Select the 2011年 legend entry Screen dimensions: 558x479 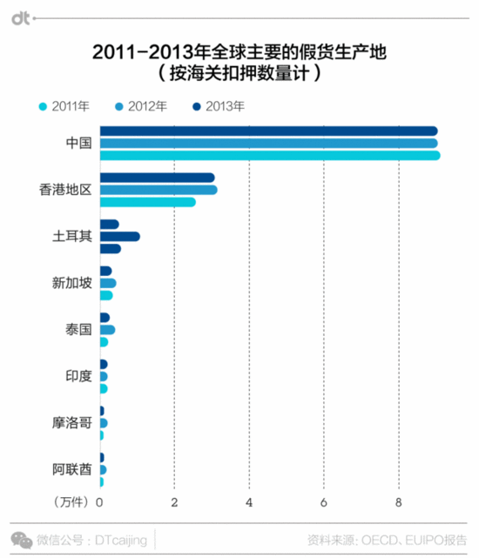coord(64,106)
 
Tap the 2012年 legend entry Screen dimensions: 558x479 coord(141,106)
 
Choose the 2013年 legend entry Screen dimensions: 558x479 coord(219,106)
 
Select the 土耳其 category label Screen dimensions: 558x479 coord(71,237)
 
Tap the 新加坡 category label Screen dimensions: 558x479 coord(71,283)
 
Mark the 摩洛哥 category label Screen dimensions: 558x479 coord(71,424)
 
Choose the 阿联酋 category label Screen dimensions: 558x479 coord(71,470)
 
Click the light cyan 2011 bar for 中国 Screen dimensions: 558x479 coord(270,156)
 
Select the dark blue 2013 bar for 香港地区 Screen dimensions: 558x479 coord(158,178)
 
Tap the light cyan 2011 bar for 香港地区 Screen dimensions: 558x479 coord(148,202)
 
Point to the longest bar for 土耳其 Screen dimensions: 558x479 coord(120,237)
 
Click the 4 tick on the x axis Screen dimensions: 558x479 coord(250,502)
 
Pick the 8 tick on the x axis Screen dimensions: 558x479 coord(399,502)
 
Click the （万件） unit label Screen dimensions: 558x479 coord(71,502)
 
